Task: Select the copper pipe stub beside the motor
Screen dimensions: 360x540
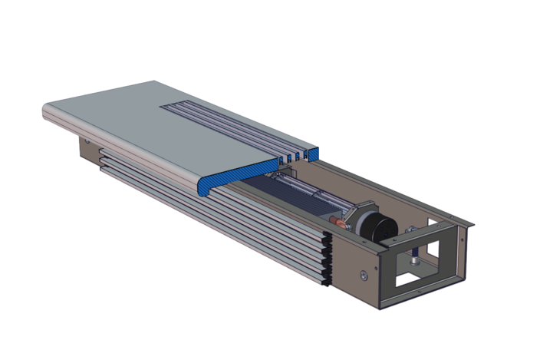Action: coord(335,225)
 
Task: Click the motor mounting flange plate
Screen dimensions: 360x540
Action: coord(354,223)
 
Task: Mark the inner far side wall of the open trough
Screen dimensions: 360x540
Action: coord(384,188)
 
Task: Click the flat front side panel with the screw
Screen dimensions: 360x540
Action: coord(353,276)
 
